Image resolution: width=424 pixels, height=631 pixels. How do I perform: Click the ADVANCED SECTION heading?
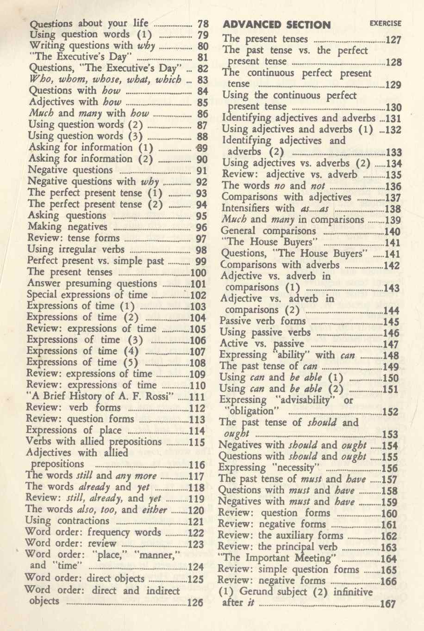(x=277, y=25)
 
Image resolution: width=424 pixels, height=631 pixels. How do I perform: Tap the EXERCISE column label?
(x=386, y=23)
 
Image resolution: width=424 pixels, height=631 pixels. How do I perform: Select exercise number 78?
(x=203, y=24)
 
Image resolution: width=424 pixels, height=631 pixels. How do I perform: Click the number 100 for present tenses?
(x=199, y=273)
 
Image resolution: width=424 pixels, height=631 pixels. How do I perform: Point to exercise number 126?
(x=195, y=602)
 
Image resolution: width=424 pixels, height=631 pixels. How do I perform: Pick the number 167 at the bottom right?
(x=388, y=604)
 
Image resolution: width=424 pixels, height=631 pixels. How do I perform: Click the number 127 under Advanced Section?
(x=393, y=40)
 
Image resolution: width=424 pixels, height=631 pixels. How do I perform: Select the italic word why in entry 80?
(x=146, y=46)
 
